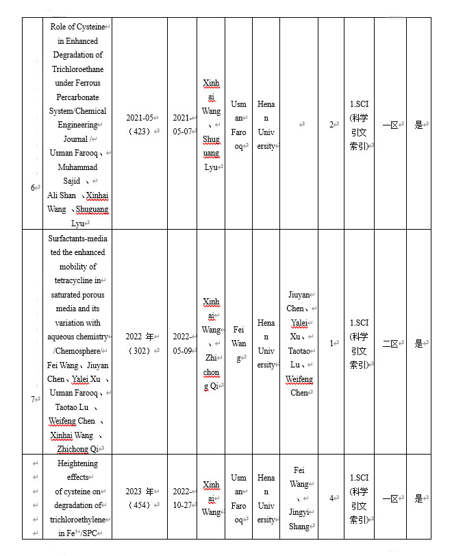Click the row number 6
[x=34, y=187]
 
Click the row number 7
[x=34, y=399]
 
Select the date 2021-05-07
[x=181, y=124]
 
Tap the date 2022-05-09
[x=181, y=343]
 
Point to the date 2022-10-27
[x=181, y=498]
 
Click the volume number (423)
[x=142, y=131]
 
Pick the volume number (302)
[x=142, y=350]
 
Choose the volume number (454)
[x=142, y=505]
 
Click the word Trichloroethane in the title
[x=77, y=69]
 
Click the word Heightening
[x=77, y=463]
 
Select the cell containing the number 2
[x=331, y=125]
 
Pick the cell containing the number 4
[x=331, y=498]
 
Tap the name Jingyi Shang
[x=299, y=520]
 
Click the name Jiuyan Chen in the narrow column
[x=299, y=302]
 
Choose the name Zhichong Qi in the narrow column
[x=212, y=372]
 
